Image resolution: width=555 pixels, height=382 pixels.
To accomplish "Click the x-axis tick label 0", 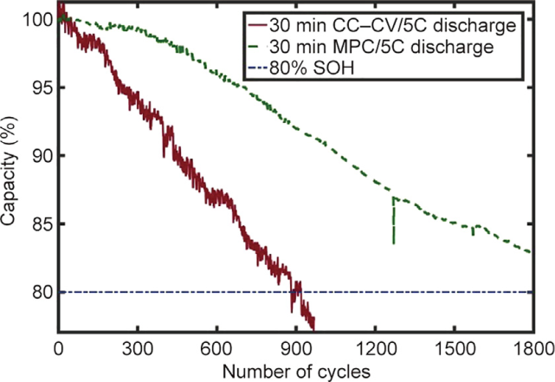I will [x=58, y=348].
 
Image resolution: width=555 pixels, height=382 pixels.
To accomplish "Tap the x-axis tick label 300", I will [x=137, y=348].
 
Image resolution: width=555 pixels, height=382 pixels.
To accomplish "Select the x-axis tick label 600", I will [x=216, y=348].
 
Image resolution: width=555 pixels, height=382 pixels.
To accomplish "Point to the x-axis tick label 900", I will [x=294, y=348].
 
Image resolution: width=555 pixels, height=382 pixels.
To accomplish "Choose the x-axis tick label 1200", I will [x=373, y=348].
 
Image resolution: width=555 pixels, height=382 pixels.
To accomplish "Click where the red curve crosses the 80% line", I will [x=297, y=292].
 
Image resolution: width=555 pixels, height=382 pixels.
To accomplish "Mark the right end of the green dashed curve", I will [x=529, y=252].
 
